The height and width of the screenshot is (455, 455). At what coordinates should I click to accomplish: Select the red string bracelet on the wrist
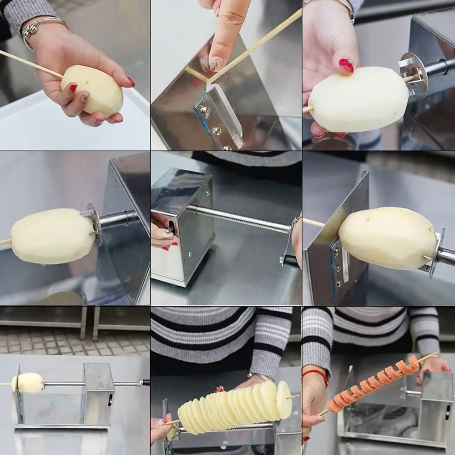pos(317,374)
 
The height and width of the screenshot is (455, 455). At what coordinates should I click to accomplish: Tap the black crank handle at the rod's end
pos(146,383)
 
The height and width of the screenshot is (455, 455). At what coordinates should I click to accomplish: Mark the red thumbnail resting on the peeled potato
pos(346,65)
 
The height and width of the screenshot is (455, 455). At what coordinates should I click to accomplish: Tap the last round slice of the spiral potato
pos(284,399)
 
